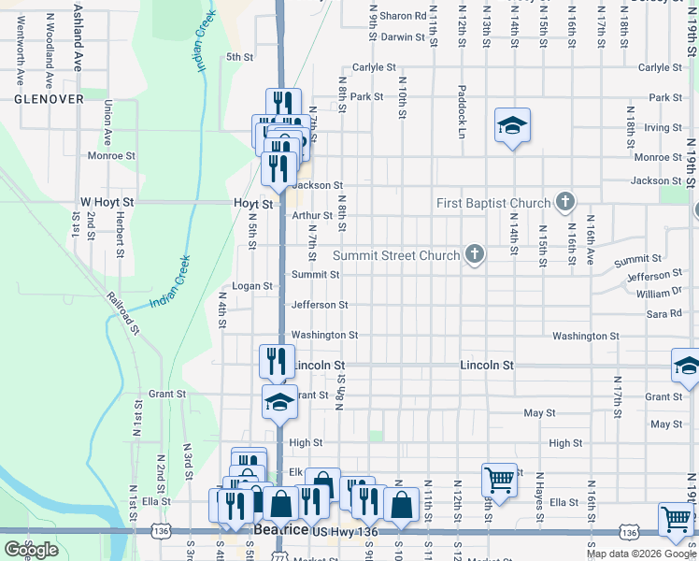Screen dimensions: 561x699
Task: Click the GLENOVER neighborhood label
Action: [x=49, y=98]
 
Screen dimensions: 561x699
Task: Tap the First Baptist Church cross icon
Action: [x=564, y=201]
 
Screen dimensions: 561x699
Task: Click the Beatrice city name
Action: [x=281, y=530]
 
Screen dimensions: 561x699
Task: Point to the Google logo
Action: [x=31, y=550]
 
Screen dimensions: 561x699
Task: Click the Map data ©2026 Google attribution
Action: [x=641, y=554]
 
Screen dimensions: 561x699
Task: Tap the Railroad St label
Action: [x=123, y=311]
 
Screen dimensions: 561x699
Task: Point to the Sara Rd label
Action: [x=663, y=314]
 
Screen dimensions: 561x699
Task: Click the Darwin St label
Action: [x=403, y=37]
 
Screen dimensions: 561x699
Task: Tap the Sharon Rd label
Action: [x=403, y=16]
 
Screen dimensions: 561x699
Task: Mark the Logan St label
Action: [x=252, y=286]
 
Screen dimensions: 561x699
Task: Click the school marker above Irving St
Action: [x=512, y=125]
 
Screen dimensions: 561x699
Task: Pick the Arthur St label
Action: [x=311, y=215]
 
